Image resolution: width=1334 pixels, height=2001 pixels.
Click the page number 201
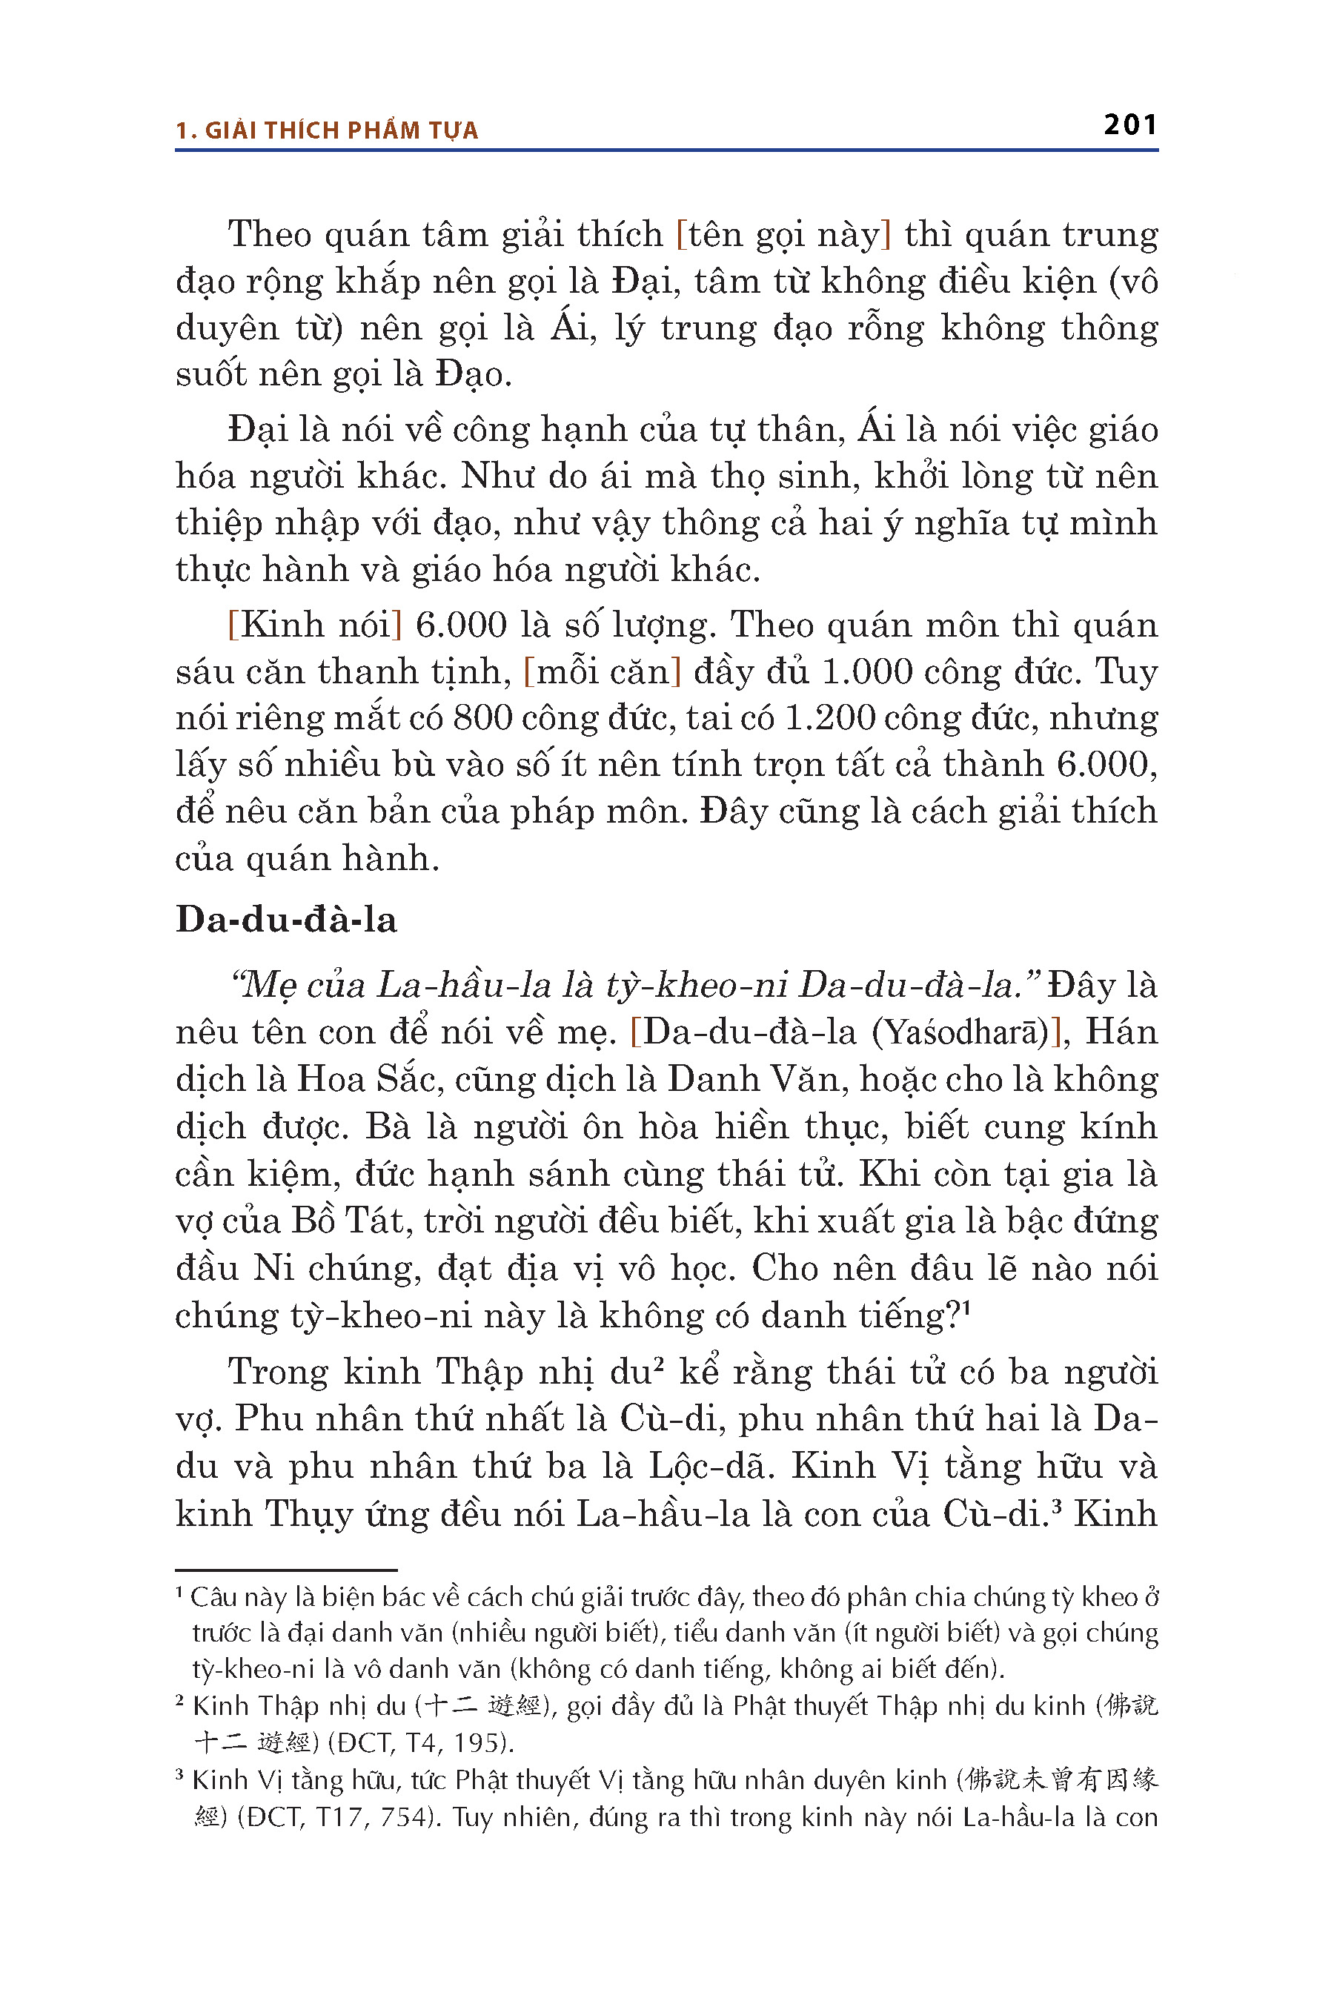(x=1129, y=125)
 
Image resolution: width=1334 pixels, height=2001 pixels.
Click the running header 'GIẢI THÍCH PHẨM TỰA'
(x=341, y=131)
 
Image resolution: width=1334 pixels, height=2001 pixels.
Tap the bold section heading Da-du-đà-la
(x=286, y=920)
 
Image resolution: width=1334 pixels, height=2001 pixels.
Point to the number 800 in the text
(x=482, y=718)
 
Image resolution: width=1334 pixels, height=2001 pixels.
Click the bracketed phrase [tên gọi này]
(x=783, y=234)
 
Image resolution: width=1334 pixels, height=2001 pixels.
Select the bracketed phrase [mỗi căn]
(x=603, y=671)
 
